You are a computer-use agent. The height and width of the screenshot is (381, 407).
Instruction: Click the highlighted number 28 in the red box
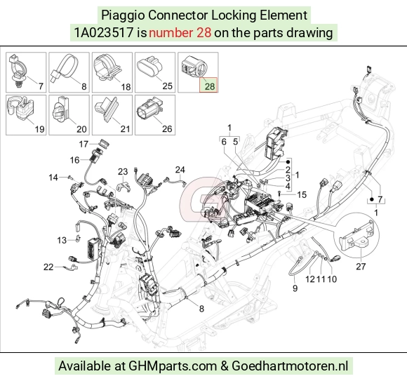coord(210,86)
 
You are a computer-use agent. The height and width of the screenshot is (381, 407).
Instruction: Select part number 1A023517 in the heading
coord(104,33)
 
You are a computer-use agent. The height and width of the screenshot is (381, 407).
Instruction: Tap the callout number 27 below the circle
coord(361,266)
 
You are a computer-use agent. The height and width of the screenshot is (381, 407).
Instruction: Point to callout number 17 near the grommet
coord(84,144)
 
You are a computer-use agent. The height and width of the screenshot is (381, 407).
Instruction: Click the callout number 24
coord(180,170)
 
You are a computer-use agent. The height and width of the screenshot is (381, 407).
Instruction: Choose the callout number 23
coord(123,171)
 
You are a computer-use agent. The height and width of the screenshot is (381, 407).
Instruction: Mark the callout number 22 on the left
coord(48,267)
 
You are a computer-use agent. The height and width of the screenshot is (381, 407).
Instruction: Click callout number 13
coord(62,240)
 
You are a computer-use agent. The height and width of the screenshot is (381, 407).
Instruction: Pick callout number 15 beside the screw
coord(302,194)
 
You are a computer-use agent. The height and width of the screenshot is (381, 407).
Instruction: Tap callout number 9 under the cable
coord(295,288)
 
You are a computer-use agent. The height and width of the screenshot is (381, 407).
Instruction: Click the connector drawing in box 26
coord(149,109)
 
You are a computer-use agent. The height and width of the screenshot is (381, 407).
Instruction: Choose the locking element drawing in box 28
coord(194,67)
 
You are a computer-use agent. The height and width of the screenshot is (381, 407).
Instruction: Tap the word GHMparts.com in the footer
coord(173,366)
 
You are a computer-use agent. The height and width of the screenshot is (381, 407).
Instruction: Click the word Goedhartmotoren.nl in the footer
coord(290,366)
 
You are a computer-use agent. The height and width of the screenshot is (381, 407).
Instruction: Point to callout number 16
coord(74,160)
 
